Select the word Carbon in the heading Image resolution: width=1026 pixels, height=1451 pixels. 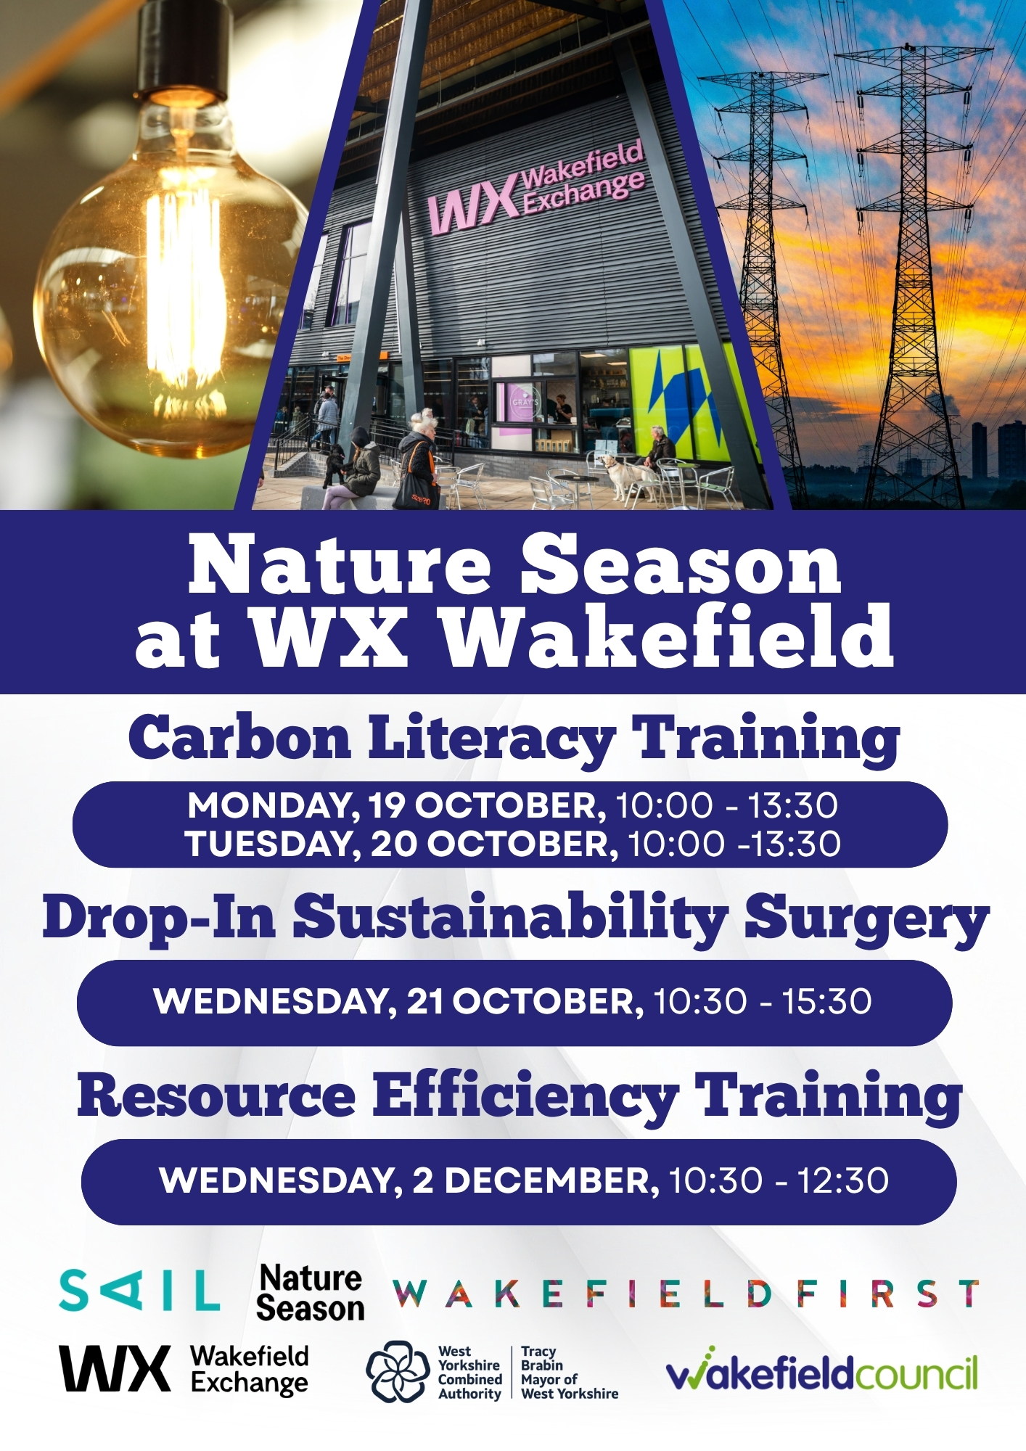(x=239, y=738)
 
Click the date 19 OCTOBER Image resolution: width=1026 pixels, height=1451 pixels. (x=486, y=805)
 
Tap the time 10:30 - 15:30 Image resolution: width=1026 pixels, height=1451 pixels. (x=763, y=1001)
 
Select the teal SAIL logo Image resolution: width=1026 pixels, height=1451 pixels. (x=139, y=1291)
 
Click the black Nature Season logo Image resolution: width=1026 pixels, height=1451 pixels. (x=310, y=1293)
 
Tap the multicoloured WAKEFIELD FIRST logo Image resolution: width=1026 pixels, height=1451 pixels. (x=686, y=1294)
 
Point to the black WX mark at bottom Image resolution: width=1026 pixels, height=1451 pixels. (x=115, y=1368)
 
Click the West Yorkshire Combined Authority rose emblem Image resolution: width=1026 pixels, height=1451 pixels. (x=398, y=1371)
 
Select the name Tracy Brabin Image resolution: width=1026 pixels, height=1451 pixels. (x=541, y=1358)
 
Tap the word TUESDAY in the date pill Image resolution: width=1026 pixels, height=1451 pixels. (x=273, y=844)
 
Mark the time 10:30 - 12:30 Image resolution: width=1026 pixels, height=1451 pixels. (x=778, y=1181)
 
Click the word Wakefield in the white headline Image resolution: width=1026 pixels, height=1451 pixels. (x=668, y=636)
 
